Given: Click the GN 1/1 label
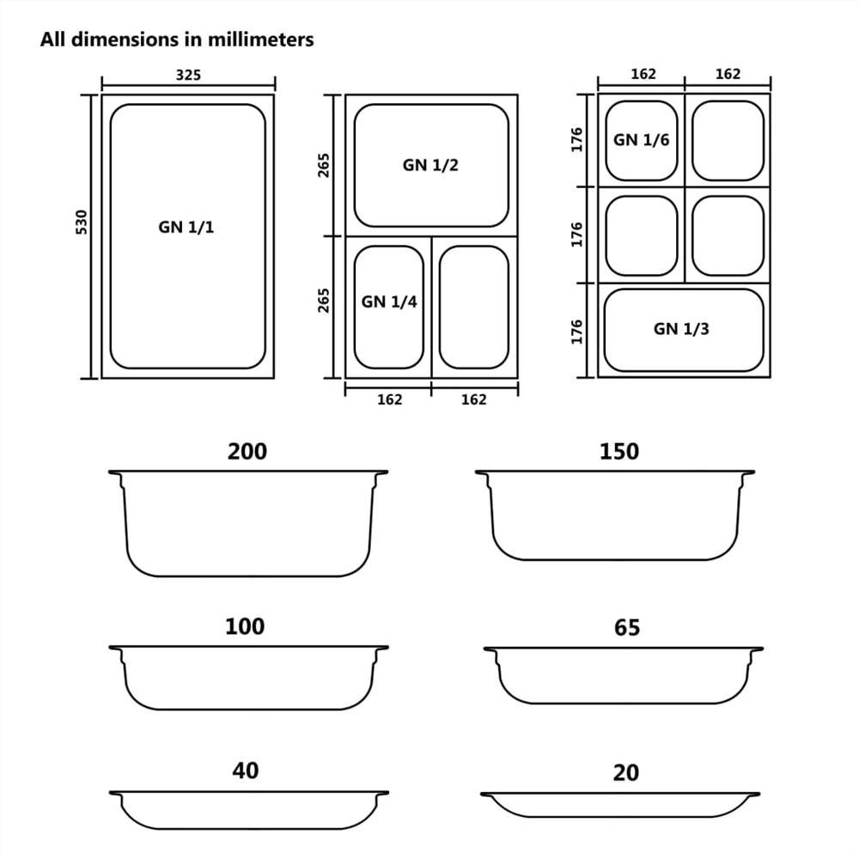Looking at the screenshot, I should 186,228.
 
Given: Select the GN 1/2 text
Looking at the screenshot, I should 430,165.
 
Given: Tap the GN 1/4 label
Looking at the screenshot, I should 389,302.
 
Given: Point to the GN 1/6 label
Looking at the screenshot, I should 641,140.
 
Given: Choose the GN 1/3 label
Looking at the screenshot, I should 681,328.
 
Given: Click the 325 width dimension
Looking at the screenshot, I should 188,75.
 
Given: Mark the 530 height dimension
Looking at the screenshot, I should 82,222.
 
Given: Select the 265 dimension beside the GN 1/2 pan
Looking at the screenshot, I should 324,164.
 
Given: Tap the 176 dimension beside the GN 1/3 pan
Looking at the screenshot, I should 577,331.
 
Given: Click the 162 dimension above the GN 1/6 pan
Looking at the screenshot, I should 643,74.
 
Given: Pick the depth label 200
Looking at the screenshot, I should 247,451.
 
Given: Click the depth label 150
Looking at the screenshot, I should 618,451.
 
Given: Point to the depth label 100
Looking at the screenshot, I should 245,626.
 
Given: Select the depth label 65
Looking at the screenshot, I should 627,628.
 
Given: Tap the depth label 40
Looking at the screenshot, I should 246,771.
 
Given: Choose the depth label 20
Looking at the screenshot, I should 626,773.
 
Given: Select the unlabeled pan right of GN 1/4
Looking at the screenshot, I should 474,307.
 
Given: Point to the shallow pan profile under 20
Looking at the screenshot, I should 619,804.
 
